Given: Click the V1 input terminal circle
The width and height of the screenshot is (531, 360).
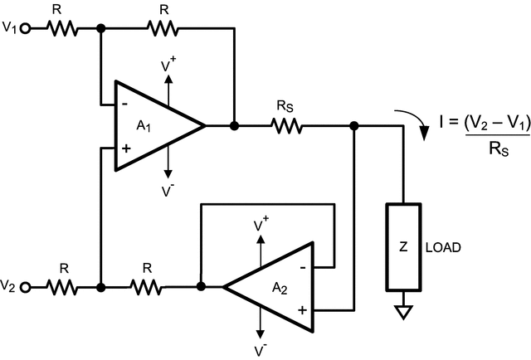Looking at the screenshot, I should click(25, 28).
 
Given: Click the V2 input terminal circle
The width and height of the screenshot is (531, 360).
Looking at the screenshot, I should click(25, 287).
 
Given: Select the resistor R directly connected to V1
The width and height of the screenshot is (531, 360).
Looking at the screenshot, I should click(61, 28).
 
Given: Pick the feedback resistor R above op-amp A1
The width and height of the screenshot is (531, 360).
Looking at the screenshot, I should click(163, 28).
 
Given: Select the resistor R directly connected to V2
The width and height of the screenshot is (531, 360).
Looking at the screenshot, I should click(61, 287).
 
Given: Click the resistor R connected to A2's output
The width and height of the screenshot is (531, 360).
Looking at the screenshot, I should click(147, 287).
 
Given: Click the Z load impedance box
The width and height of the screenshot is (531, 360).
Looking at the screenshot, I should click(402, 246).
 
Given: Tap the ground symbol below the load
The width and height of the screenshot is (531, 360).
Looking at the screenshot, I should click(402, 313).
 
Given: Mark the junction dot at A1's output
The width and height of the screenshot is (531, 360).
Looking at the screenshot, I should click(235, 126).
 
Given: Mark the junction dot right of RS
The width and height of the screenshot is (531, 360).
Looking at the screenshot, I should click(354, 126).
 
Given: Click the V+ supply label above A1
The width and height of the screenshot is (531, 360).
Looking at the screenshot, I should click(169, 64).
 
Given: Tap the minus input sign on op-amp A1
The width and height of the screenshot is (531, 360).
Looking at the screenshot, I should click(124, 105).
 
